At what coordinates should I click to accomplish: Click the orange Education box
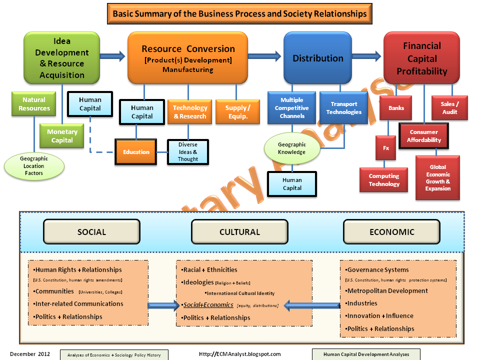coord(136,152)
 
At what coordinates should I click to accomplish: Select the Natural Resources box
coord(34,104)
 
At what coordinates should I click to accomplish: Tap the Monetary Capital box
coord(62,136)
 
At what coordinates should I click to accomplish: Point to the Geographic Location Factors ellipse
coord(34,166)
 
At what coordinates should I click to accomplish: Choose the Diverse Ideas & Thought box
coord(187,152)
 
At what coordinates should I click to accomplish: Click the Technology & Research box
coord(189,112)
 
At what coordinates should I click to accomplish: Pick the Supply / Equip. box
coord(237,111)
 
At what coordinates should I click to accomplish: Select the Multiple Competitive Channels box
coord(291,108)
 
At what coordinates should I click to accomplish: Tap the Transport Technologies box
coord(343,108)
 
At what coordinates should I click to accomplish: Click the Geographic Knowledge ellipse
coord(291,148)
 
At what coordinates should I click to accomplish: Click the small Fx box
coord(385,148)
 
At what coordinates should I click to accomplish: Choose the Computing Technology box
coord(384,180)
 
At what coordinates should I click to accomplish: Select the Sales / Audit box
coord(449,108)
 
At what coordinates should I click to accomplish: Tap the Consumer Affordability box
coord(424,136)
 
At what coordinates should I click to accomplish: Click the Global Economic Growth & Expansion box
coord(437,178)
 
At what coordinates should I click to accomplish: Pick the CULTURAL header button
coord(239,232)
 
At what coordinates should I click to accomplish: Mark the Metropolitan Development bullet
coord(386,291)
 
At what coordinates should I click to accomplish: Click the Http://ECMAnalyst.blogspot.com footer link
coord(240,354)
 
